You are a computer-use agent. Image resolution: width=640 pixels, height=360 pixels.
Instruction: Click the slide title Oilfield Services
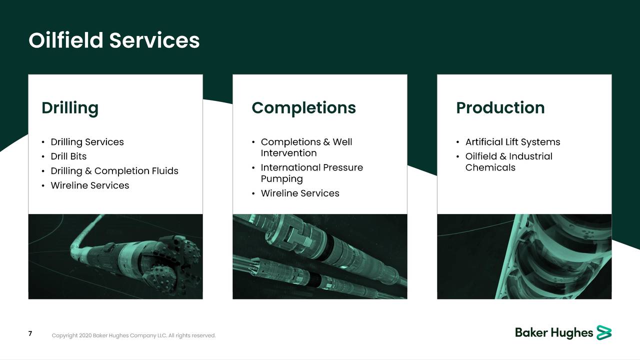114,40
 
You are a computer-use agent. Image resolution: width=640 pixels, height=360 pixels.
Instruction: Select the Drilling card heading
70,108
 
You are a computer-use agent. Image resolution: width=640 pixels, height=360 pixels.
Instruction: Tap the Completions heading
303,108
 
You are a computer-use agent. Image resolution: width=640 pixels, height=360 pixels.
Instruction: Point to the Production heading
500,108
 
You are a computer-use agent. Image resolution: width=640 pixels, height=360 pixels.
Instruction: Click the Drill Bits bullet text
68,156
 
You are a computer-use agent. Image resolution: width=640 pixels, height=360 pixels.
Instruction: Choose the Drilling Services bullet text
87,142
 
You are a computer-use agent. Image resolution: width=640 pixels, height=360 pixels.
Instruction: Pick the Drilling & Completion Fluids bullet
114,171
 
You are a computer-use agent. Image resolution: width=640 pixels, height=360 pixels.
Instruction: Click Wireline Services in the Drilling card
90,185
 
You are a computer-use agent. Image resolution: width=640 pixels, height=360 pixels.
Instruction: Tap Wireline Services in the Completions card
300,193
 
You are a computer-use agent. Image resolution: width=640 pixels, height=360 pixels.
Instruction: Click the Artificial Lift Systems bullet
512,142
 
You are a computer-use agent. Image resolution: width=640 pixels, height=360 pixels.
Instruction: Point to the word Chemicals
490,168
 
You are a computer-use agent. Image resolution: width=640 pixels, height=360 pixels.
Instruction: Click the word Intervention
288,153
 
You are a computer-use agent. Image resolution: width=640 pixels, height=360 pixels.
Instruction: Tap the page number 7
30,333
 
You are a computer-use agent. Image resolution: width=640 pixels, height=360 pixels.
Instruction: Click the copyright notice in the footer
133,335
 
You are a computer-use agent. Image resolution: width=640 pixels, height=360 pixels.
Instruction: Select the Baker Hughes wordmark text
553,333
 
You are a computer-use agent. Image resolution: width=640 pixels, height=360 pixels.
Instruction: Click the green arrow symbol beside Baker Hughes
604,332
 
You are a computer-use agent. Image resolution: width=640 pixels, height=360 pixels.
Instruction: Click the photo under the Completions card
320,256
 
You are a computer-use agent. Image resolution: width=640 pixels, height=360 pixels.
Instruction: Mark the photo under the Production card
524,256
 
